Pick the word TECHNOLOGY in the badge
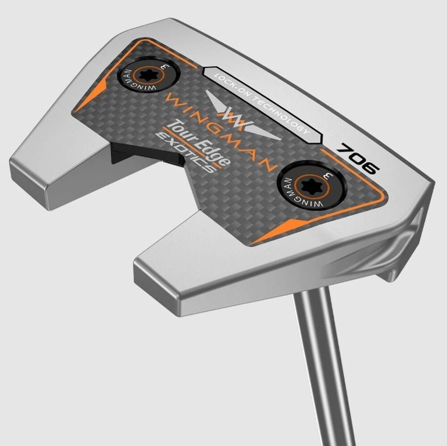[281, 112]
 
